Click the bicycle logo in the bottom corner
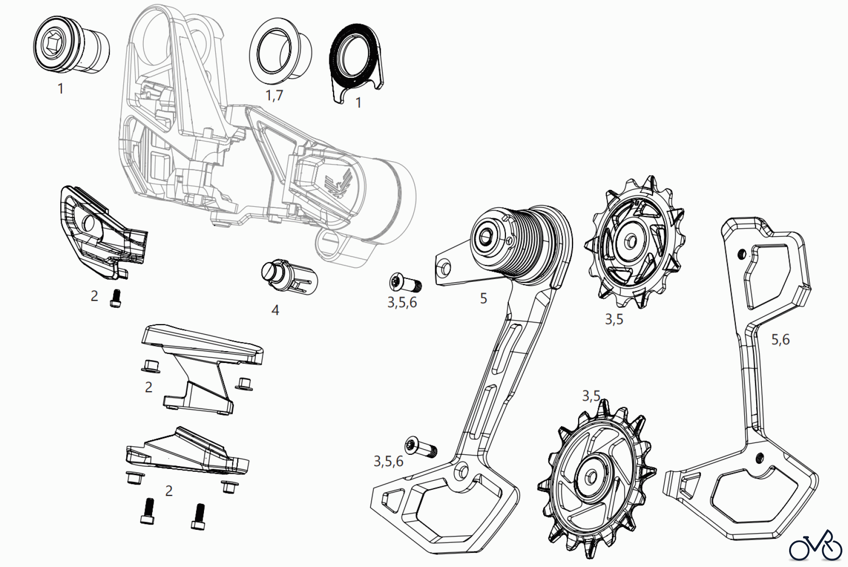coord(815,547)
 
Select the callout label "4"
coord(275,310)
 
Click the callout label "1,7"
coord(274,95)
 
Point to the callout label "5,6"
coord(780,339)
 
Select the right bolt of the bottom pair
coord(198,516)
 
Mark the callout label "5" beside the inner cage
coord(483,298)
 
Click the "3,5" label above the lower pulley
coord(591,395)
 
